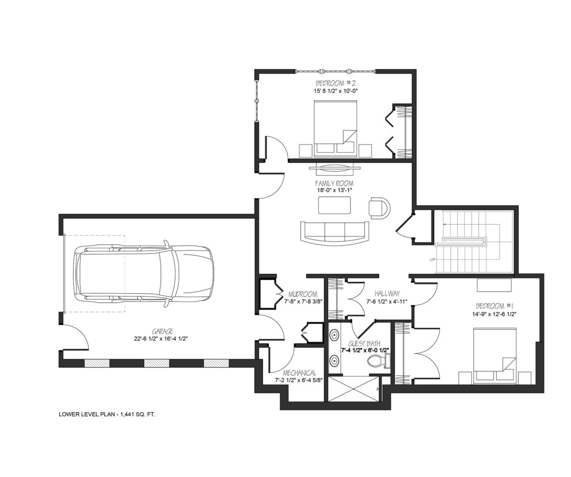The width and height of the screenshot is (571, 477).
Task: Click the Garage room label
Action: (x=162, y=331)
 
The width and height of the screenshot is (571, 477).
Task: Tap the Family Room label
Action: (x=334, y=183)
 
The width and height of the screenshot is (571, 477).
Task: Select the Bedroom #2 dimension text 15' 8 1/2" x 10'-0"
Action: (x=334, y=91)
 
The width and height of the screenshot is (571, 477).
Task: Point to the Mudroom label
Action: (x=303, y=294)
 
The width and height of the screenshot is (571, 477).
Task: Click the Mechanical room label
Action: (x=300, y=373)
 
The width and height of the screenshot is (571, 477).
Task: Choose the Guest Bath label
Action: (x=365, y=343)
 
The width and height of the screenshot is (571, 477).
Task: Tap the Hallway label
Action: (x=387, y=293)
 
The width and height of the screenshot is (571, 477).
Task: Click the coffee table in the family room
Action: (x=335, y=205)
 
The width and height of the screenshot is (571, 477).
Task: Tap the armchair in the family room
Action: (x=379, y=208)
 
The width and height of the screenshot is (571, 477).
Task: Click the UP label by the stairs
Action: (x=433, y=260)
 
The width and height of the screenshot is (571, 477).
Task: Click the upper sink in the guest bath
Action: (x=334, y=334)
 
